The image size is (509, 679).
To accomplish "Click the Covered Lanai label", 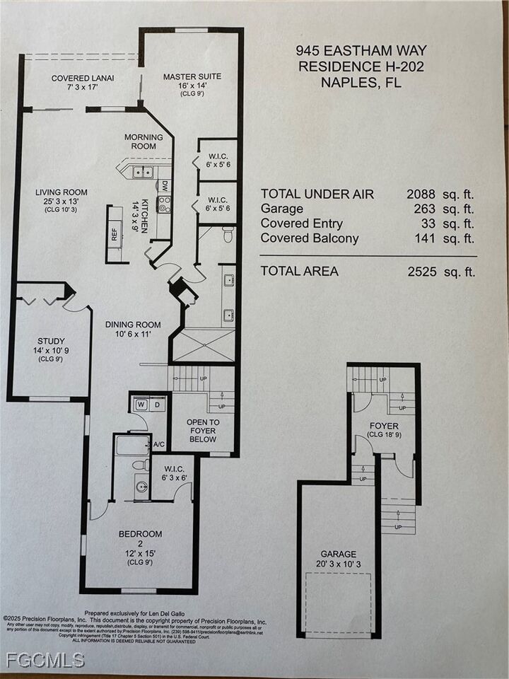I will pos(83,78).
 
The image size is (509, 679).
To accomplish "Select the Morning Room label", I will pos(144,141).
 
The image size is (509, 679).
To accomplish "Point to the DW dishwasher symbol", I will pos(163,187).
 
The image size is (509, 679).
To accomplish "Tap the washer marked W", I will pos(140,405).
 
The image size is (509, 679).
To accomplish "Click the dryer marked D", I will pos(157,405).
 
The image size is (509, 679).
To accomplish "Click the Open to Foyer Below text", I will pos(202,431).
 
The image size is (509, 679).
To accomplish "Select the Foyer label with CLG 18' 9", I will pos(384,426).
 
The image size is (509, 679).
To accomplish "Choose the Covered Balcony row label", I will pos(309,238).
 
